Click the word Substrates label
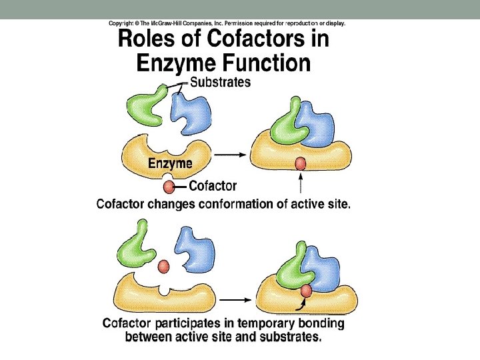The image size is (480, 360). coord(220,83)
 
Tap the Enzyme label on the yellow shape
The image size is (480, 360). coord(170,163)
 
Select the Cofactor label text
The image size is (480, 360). coord(213,187)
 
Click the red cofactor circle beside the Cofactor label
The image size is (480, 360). coord(170,187)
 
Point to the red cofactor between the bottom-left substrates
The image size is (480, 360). coord(162,267)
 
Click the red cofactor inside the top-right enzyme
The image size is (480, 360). coord(300,163)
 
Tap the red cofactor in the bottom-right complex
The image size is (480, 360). coord(306,291)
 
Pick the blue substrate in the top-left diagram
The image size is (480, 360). coord(192,111)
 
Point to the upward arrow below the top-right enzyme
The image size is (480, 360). coord(301,184)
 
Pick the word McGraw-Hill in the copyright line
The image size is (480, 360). coord(176,23)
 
